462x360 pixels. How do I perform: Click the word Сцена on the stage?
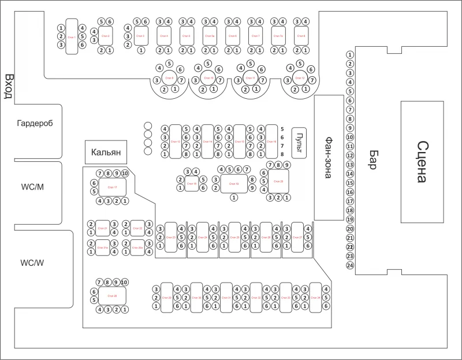(423, 162)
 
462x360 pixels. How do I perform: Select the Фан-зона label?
(328, 157)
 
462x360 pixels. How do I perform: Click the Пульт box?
(299, 142)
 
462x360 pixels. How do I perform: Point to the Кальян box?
(105, 153)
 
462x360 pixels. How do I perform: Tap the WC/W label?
(32, 263)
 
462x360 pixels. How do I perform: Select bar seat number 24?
(349, 265)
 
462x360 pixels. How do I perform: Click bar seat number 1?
(349, 55)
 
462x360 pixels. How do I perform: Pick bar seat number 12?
(349, 155)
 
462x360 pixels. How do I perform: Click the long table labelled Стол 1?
(72, 37)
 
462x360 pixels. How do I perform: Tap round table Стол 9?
(169, 78)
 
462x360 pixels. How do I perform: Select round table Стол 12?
(300, 78)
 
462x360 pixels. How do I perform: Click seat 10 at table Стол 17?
(125, 173)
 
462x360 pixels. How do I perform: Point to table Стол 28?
(112, 296)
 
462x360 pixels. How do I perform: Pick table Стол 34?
(315, 298)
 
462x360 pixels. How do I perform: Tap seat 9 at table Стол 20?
(286, 165)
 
